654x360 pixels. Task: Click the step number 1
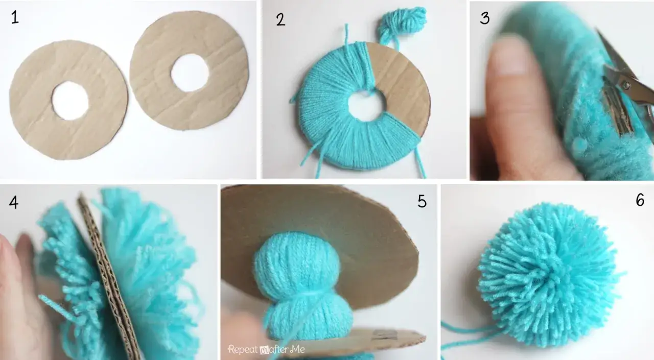pos(15,17)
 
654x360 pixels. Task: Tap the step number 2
pos(281,19)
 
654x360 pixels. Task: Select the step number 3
pos(485,17)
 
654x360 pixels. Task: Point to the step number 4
pos(14,202)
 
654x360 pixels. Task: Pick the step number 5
pos(422,201)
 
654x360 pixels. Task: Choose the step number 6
pos(640,200)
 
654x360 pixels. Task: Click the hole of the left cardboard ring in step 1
pos(70,101)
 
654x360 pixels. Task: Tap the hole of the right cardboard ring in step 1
pos(190,73)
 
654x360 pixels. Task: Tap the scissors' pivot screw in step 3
pos(626,85)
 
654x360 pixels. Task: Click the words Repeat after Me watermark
pos(266,349)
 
